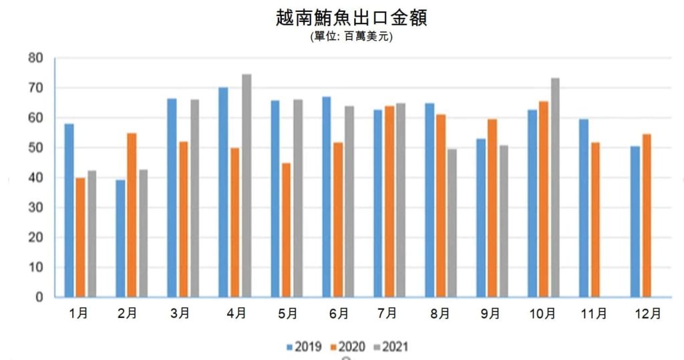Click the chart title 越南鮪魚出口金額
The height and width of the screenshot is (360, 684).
coord(351,17)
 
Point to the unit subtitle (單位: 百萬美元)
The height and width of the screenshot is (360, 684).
coord(351,37)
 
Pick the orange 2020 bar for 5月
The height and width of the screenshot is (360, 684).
coord(286,230)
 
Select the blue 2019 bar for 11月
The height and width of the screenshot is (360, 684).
coord(583,208)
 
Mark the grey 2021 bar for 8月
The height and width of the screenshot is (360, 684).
coord(452,223)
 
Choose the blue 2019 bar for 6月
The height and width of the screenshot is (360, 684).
coord(327,197)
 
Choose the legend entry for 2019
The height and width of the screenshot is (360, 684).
coord(305,347)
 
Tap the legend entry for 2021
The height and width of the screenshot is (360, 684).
coord(391,347)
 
